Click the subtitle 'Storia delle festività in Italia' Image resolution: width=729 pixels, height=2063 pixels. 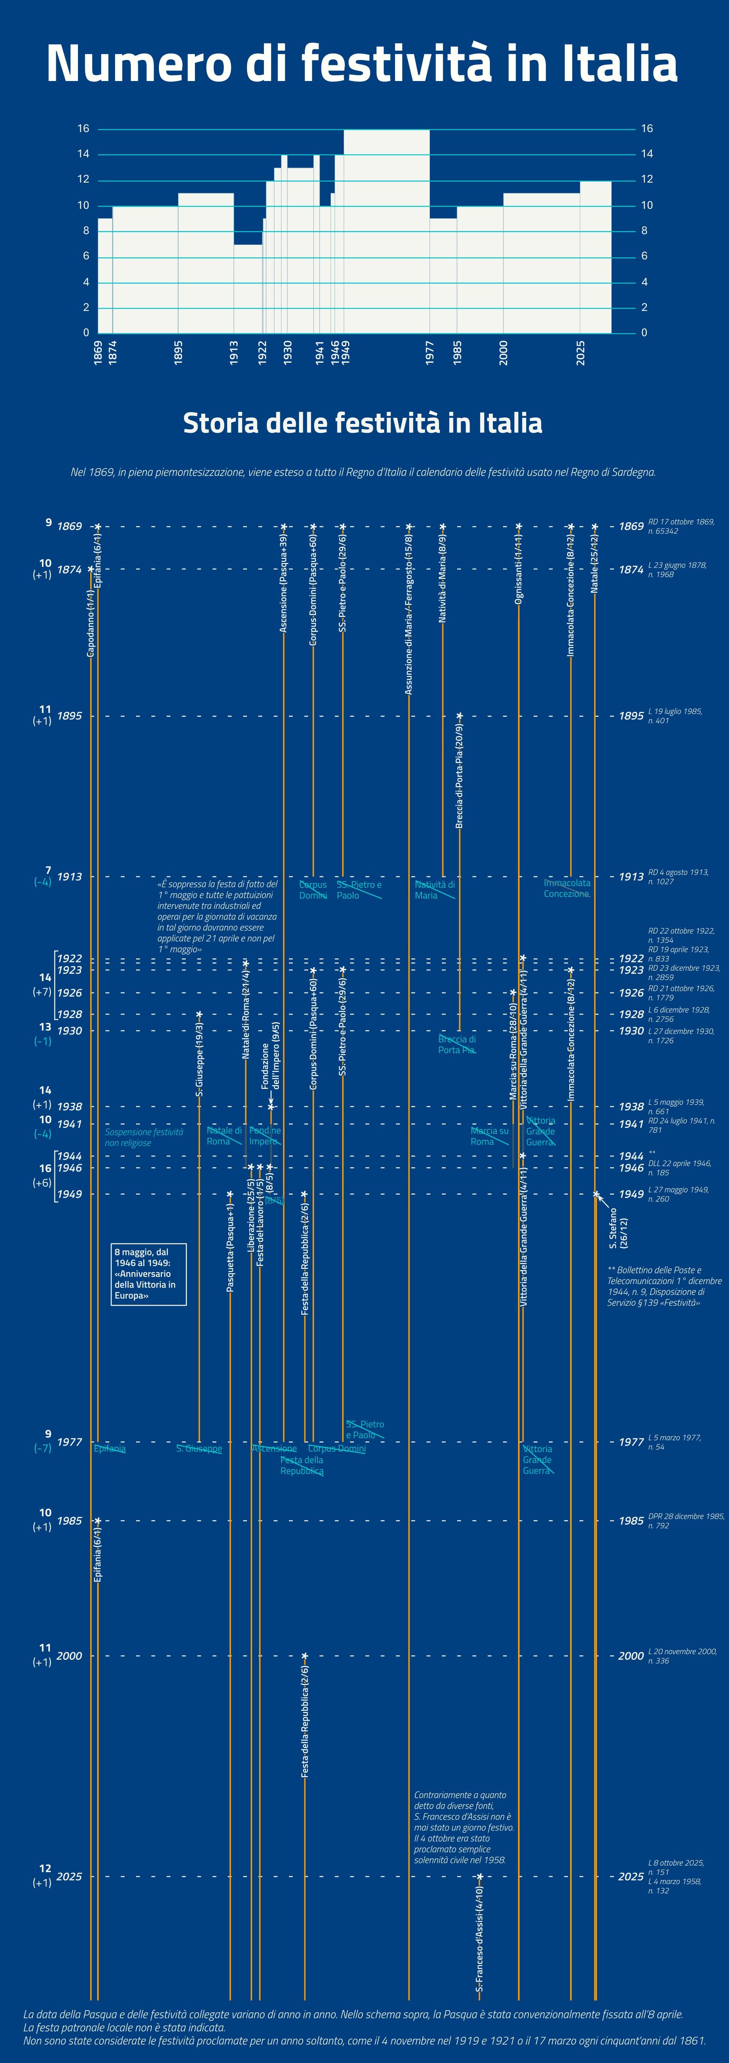pyautogui.click(x=362, y=423)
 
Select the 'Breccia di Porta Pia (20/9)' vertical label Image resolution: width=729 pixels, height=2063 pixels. pyautogui.click(x=459, y=775)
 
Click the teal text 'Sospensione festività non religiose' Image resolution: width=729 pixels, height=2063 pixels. pyautogui.click(x=144, y=1137)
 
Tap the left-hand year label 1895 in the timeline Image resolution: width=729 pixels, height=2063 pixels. pyautogui.click(x=70, y=716)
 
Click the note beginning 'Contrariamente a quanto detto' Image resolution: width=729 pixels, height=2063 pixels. pyautogui.click(x=464, y=1827)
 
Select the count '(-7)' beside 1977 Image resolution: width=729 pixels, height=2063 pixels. pyautogui.click(x=42, y=1448)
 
